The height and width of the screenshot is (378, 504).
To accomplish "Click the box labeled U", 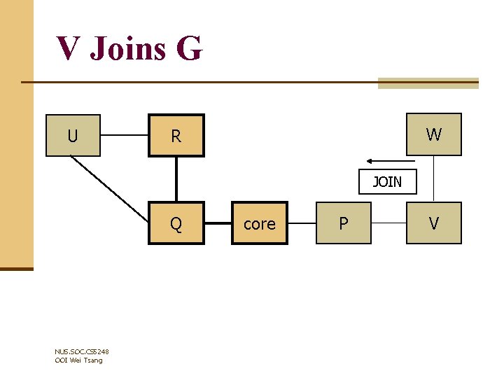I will [73, 135].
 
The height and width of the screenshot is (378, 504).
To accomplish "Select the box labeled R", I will [176, 135].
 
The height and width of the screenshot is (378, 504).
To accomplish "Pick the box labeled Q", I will [176, 223].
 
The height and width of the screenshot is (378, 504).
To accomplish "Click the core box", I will [259, 223].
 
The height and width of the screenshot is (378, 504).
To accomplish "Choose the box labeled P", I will [343, 223].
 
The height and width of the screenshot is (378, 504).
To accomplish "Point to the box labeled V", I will [434, 223].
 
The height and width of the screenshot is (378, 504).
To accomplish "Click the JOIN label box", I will [387, 182].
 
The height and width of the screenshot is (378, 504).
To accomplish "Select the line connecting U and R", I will [123, 135].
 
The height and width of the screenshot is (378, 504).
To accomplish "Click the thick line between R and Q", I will [176, 179].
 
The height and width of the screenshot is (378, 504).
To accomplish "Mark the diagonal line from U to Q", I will [109, 189].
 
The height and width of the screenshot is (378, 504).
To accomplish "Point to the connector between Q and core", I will [218, 224].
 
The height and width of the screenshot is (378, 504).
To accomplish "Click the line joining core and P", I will [302, 224].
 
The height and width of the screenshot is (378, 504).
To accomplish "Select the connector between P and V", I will [388, 224].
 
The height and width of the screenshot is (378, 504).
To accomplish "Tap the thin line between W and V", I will [434, 179].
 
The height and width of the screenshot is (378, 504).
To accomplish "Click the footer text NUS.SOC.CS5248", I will [81, 351].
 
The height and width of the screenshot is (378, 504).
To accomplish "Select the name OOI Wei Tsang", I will [78, 360].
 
